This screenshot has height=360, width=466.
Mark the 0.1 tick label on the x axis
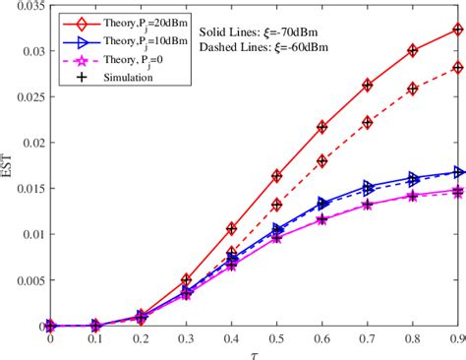pos(94,337)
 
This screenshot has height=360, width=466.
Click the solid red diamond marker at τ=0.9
pos(457,30)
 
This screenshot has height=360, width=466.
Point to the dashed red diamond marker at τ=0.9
pos(457,68)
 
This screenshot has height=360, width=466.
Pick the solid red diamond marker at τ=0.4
pos(231,228)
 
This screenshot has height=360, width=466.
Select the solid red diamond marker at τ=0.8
pos(412,50)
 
